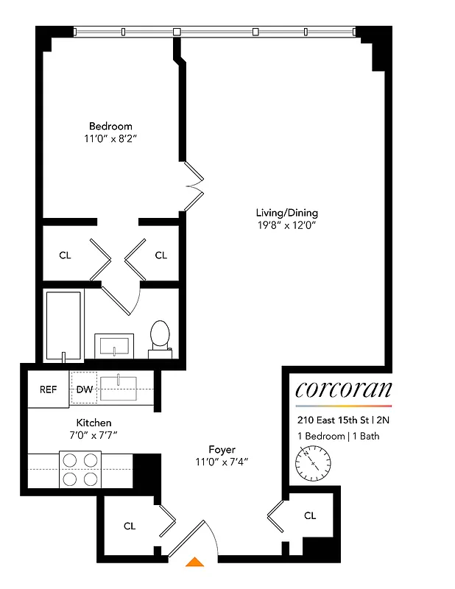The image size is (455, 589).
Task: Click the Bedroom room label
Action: (x=110, y=126)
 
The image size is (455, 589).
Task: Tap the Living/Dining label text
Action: (x=286, y=214)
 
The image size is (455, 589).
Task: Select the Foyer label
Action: (x=222, y=449)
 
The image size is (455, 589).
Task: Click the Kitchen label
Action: (x=94, y=423)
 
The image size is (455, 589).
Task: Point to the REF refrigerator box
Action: (x=49, y=389)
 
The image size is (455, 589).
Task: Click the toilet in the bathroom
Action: (x=160, y=336)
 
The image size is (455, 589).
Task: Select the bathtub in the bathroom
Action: (x=65, y=324)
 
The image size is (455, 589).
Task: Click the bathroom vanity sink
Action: (x=116, y=344)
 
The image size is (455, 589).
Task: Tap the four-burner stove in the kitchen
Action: (x=80, y=469)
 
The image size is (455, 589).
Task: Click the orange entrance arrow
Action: (x=195, y=562)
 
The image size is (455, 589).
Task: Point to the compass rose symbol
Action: (x=315, y=463)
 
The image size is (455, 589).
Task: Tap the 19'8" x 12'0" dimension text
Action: (x=286, y=226)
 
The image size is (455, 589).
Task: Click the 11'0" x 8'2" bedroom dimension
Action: (x=110, y=138)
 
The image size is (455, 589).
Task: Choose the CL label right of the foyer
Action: (x=310, y=515)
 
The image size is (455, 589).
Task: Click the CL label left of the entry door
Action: (x=130, y=526)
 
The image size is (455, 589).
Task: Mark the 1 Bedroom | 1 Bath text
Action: (x=337, y=437)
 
